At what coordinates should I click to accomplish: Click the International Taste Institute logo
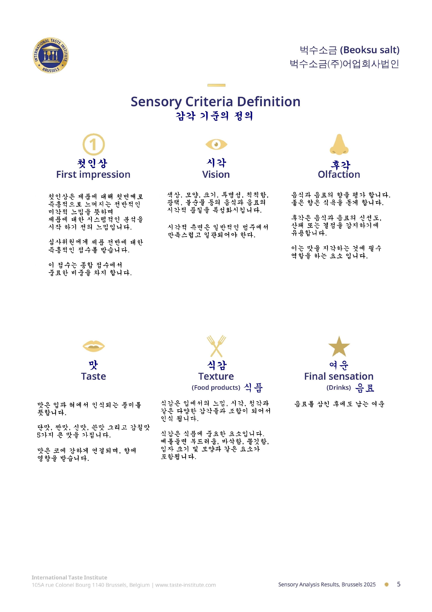click(51, 55)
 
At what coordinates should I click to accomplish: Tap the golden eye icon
click(216, 144)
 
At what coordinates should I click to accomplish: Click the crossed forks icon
click(216, 346)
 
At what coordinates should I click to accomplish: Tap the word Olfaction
click(339, 174)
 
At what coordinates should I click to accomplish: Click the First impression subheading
click(93, 174)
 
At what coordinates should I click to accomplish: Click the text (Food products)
click(216, 387)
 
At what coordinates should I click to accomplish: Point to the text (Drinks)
click(339, 387)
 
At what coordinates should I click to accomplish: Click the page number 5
click(398, 584)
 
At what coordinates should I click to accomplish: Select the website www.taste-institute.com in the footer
click(186, 585)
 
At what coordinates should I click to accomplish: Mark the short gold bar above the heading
click(216, 85)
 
